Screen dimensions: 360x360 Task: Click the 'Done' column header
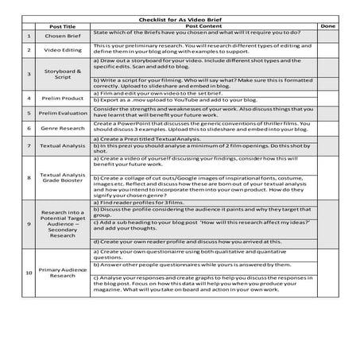(x=327, y=26)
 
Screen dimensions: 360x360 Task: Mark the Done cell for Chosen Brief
(x=327, y=36)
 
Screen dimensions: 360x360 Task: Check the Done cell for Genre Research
(x=327, y=129)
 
